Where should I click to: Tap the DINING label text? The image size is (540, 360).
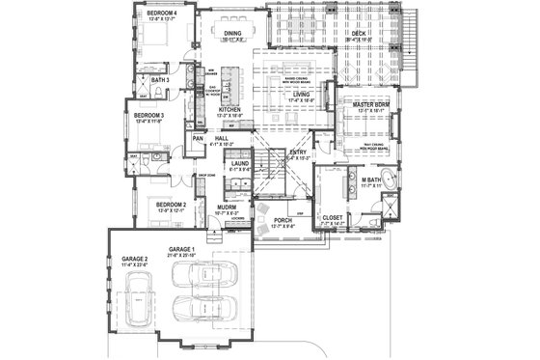[x=232, y=34]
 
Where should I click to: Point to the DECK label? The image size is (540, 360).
[x=359, y=34]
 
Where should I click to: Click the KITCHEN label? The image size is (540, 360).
[x=229, y=111]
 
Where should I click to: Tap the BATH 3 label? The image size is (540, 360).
[x=160, y=80]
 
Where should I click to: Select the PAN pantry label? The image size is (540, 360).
[x=197, y=139]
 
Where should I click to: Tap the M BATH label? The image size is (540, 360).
[x=369, y=180]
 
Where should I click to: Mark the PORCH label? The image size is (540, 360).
[x=283, y=220]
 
